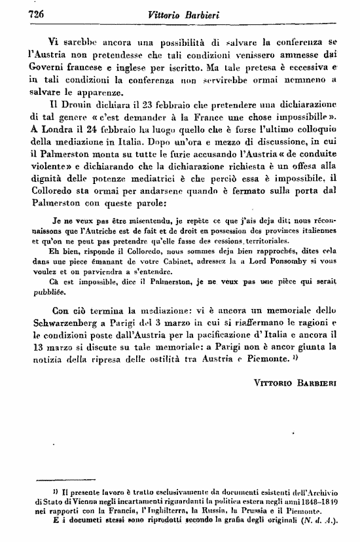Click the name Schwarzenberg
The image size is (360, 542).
tap(69, 321)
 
